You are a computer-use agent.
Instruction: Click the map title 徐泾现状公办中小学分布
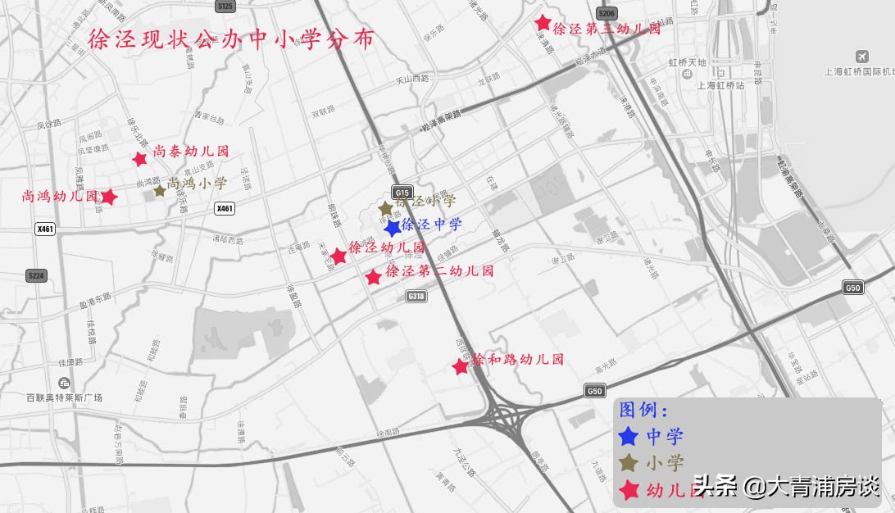coord(230,39)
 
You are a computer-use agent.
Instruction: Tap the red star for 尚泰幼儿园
coord(140,158)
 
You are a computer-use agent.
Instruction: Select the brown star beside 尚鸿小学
coord(159,191)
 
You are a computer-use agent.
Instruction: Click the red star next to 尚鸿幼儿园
coord(108,197)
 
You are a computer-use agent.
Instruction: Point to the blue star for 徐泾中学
coord(393,227)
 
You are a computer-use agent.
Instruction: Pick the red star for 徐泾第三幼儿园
coord(542,23)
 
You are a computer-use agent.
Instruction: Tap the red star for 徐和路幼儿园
coord(461,367)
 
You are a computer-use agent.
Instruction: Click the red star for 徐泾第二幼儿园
coord(374,277)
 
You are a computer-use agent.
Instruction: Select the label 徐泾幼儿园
coord(387,247)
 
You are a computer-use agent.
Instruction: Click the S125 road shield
coord(225,7)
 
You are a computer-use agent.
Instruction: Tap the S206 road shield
coord(607,14)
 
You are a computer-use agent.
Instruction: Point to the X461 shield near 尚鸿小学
coord(225,209)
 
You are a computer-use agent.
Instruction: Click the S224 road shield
coord(35,275)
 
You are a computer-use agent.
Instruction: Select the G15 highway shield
coord(401,193)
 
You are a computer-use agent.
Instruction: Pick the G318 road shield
coord(416,296)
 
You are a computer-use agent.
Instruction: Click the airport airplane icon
coord(861,56)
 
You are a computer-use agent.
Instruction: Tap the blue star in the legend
coord(629,437)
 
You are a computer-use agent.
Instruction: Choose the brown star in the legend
coord(629,463)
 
